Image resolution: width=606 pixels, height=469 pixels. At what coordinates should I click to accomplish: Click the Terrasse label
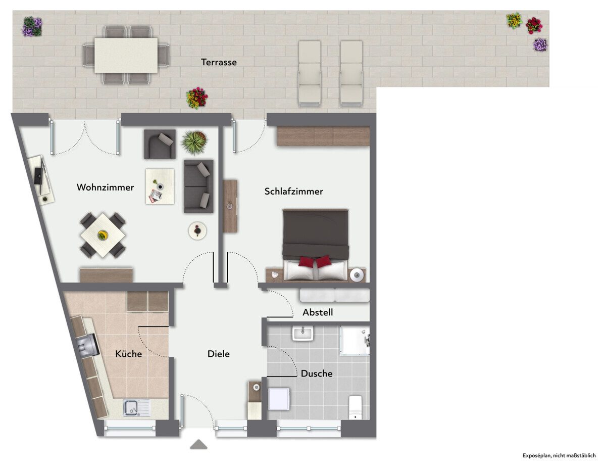(219, 62)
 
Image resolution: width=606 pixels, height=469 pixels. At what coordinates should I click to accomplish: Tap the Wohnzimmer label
(105, 187)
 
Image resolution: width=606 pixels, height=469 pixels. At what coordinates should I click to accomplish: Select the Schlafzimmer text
(294, 191)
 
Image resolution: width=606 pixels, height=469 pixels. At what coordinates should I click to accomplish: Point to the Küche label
(129, 354)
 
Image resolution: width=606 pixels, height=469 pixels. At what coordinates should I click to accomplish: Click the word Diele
(219, 354)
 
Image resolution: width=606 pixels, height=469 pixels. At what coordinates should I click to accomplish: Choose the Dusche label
(317, 373)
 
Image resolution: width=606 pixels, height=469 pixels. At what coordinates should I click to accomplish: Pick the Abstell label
(318, 312)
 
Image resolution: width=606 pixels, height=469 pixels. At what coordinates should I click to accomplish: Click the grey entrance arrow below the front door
(198, 444)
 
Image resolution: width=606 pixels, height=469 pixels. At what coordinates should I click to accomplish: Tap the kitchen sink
(137, 408)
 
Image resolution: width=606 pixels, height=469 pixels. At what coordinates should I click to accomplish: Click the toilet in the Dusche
(356, 407)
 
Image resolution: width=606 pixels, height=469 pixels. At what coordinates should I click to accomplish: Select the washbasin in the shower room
(302, 334)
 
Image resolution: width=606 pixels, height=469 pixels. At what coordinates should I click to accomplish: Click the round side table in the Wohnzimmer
(197, 231)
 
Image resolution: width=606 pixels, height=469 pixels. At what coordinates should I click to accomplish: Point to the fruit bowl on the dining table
(103, 235)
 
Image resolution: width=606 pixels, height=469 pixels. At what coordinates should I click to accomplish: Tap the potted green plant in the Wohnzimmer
(194, 143)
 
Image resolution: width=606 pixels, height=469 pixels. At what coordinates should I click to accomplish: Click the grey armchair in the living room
(160, 144)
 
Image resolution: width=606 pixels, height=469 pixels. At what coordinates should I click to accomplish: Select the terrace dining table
(126, 55)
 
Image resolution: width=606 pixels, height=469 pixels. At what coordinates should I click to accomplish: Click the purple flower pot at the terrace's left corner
(32, 26)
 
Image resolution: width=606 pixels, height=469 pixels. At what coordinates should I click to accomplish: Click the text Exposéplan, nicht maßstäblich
(559, 455)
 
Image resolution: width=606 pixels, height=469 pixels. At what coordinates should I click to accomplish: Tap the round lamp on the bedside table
(357, 275)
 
